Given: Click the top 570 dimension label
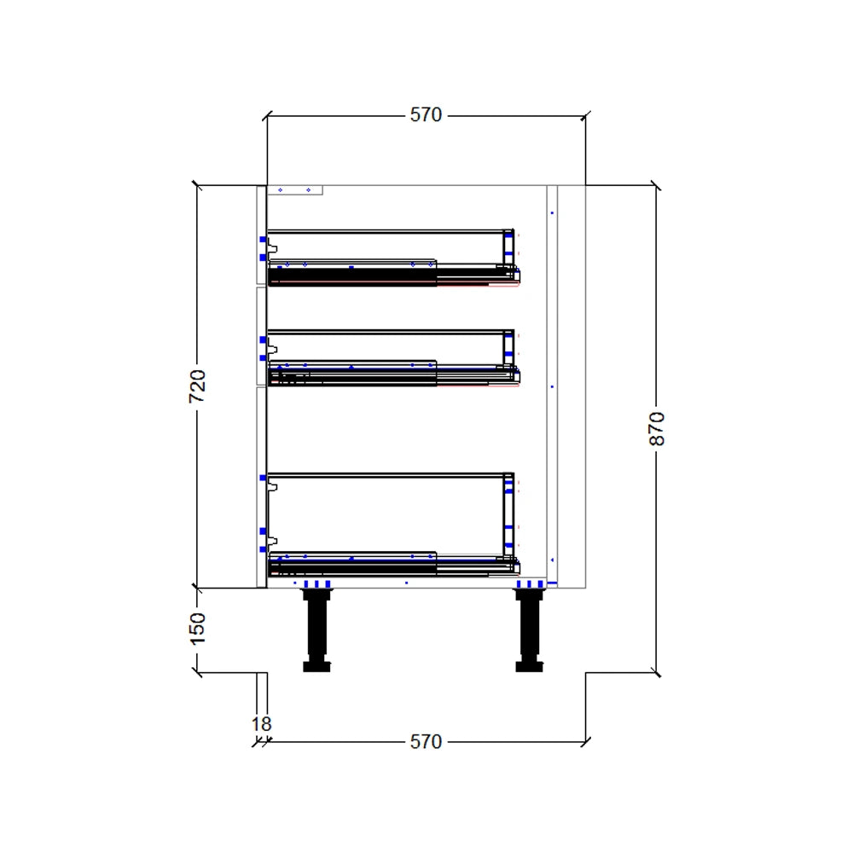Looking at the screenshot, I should (x=426, y=114).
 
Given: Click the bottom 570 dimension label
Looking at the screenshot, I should (x=426, y=742).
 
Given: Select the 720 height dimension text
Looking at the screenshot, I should (x=197, y=386).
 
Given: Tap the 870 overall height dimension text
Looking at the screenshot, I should (x=656, y=428).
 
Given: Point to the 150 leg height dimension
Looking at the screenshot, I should (x=197, y=629).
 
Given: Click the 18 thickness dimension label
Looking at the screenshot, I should (x=261, y=724).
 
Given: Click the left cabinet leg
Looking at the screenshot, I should (x=316, y=627).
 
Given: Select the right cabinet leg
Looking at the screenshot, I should (x=529, y=627).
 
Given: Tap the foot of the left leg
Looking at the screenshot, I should (x=316, y=666).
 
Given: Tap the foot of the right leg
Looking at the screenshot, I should (x=529, y=666).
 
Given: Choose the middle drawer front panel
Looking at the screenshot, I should (x=261, y=337).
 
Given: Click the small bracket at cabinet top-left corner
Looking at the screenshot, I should (x=295, y=190).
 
